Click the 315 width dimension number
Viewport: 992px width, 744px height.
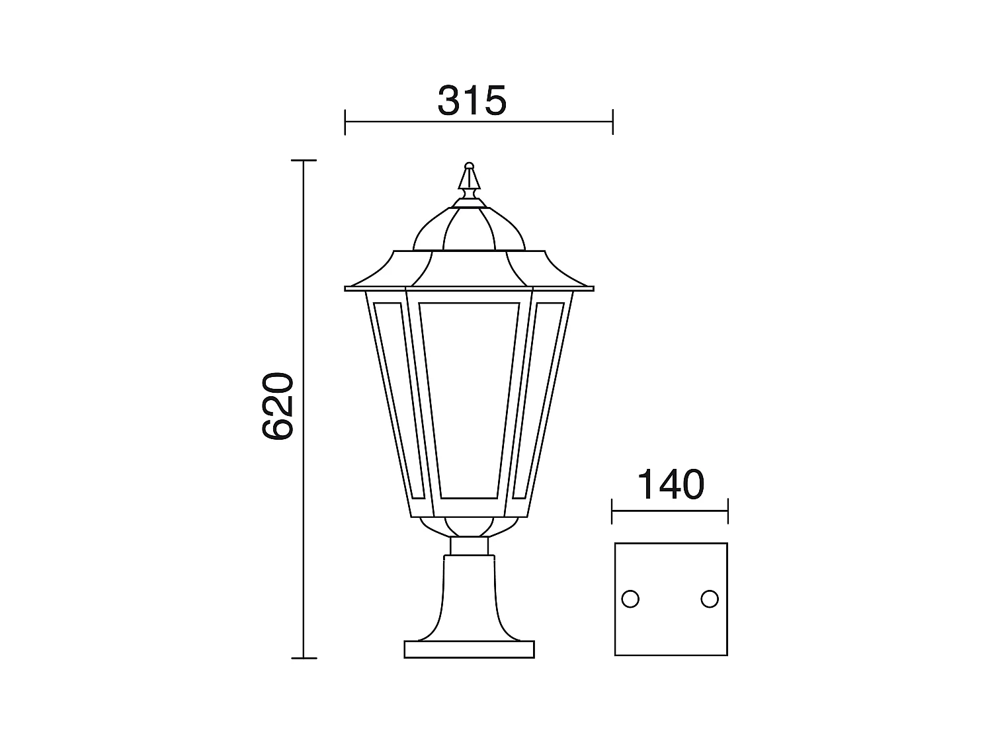472,101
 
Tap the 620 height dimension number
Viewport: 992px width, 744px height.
277,406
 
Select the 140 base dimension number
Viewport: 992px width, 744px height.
669,485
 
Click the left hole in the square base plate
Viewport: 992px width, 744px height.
630,599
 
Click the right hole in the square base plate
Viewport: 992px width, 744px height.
710,599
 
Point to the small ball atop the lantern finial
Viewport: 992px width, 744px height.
470,165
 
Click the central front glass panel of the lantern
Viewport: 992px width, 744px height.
469,400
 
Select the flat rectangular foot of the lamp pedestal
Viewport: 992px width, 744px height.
469,649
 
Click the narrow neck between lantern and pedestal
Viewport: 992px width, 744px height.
469,546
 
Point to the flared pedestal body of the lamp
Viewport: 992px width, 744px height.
469,595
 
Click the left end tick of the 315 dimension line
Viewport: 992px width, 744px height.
345,122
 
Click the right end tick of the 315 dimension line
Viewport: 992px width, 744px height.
612,122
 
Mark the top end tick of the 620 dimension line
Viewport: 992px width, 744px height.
304,161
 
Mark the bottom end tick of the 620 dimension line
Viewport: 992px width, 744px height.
304,658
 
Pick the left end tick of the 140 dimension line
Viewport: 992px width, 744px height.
612,511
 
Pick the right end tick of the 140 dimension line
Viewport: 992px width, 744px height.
727,511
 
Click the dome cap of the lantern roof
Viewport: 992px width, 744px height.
469,228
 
